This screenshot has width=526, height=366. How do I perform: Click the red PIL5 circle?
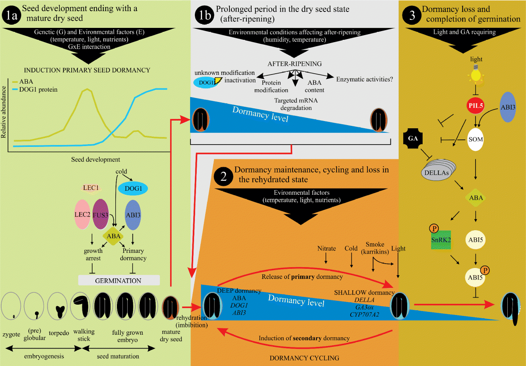click(476, 107)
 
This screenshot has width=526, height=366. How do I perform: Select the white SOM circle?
click(476, 139)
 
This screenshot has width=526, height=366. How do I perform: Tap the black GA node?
click(413, 138)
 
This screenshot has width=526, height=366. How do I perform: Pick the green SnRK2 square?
click(441, 240)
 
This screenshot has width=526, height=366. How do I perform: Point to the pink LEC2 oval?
click(82, 215)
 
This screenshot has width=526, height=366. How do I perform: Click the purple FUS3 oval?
click(101, 215)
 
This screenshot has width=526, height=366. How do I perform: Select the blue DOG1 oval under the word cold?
click(133, 188)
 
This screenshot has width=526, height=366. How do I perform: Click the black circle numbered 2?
click(223, 176)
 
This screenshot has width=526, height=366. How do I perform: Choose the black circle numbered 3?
click(412, 15)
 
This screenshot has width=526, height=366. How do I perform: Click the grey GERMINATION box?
click(118, 280)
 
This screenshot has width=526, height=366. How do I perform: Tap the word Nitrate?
click(326, 249)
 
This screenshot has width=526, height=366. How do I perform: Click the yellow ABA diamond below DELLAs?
click(476, 198)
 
